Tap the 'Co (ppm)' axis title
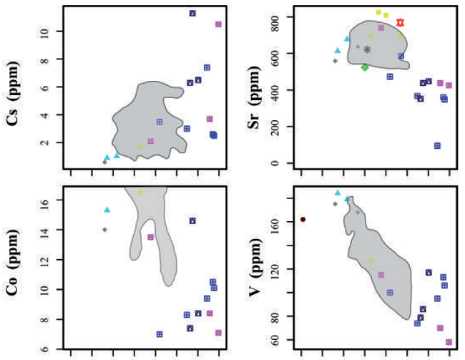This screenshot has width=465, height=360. (x=12, y=266)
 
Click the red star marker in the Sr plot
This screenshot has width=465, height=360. (x=401, y=23)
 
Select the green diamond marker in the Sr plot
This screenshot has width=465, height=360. (x=365, y=67)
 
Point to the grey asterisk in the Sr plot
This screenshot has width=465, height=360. (x=367, y=49)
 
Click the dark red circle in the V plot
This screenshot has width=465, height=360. (x=303, y=219)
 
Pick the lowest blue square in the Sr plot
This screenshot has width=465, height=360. (x=437, y=146)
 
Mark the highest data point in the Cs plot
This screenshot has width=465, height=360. (x=192, y=13)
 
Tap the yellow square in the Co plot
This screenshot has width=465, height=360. (x=141, y=192)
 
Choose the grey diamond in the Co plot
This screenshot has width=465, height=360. (x=105, y=230)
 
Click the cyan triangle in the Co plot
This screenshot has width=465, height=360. (x=107, y=210)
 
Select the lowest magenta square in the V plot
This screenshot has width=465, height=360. (x=449, y=342)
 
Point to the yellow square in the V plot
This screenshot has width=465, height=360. (x=371, y=261)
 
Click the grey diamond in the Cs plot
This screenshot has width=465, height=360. (x=104, y=162)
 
